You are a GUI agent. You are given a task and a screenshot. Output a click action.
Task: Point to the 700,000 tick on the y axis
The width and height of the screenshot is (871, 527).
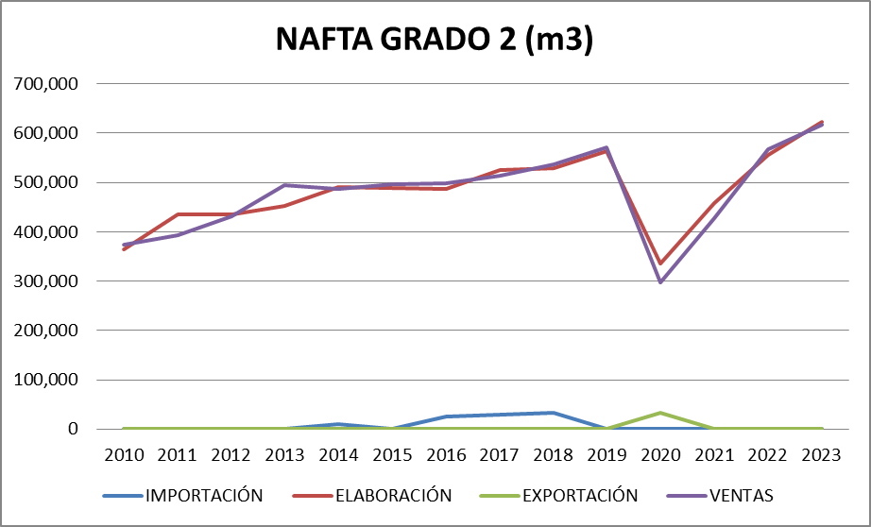point(47,83)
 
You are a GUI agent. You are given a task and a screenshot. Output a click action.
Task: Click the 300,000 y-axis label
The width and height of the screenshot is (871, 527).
point(47,281)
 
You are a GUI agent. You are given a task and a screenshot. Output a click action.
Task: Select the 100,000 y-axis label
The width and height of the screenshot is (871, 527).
point(47,380)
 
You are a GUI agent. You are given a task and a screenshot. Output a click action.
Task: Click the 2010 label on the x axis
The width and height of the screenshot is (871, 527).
point(125,455)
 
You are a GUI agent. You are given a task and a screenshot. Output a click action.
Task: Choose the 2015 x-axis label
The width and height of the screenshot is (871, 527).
point(393,455)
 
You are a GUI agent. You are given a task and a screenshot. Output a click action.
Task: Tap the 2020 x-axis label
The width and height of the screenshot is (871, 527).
point(660,455)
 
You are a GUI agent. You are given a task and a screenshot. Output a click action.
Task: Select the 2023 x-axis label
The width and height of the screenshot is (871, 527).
point(822,455)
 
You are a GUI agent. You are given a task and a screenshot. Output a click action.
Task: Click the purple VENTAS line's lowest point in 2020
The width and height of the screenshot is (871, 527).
point(660,281)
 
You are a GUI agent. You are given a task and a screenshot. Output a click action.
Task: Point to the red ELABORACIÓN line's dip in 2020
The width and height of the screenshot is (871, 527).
point(660,263)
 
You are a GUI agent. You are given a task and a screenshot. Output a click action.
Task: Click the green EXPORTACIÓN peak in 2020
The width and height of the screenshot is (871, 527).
point(660,413)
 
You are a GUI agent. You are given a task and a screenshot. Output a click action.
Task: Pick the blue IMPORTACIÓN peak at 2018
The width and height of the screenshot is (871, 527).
point(554,413)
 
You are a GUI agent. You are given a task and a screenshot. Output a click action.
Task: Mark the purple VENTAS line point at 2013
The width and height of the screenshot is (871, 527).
point(285,185)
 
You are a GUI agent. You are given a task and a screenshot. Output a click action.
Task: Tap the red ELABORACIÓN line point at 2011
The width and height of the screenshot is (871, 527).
point(179,214)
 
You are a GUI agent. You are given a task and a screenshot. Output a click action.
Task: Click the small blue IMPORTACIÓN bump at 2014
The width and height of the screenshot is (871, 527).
point(339,424)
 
